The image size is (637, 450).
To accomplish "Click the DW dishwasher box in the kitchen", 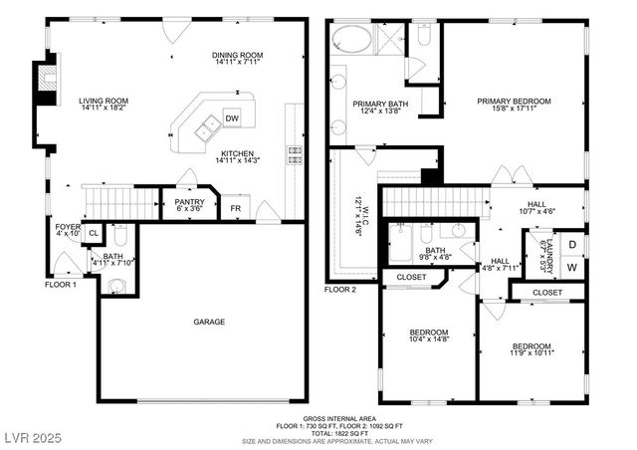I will click(x=232, y=118).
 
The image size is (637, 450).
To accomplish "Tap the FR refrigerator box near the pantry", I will click(x=235, y=208).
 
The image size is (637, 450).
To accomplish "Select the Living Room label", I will click(x=105, y=105).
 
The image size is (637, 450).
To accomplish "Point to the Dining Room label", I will click(x=237, y=59).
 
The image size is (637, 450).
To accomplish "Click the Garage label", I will click(x=208, y=322).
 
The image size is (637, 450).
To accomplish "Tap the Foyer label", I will click(x=68, y=231).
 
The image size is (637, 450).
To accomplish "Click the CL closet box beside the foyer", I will click(x=93, y=234).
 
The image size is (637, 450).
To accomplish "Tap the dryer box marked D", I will click(x=571, y=245).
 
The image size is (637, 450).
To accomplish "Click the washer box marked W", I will click(x=571, y=267).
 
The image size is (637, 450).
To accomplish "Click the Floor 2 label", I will click(x=339, y=290).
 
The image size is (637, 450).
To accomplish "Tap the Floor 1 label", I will click(x=60, y=285).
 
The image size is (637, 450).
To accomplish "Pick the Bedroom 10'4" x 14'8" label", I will click(x=429, y=337).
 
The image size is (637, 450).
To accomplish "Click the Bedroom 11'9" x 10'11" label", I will click(x=531, y=350).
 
